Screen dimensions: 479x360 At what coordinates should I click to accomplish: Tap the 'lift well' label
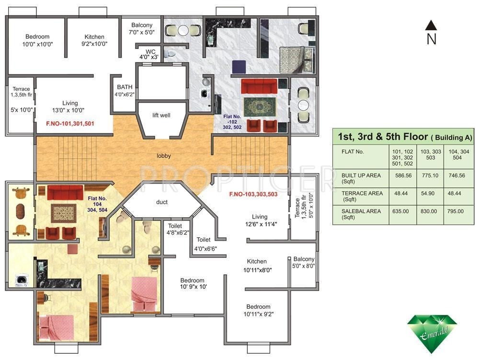[161, 115]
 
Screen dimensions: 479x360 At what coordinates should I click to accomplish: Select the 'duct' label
[161, 202]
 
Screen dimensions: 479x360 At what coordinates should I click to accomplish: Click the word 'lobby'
[163, 156]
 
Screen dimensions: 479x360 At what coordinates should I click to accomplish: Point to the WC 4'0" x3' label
[149, 54]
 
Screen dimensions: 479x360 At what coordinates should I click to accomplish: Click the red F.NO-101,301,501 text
[70, 124]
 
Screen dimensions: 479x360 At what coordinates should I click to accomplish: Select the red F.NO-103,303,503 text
[253, 194]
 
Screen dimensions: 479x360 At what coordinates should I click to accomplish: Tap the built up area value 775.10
[430, 176]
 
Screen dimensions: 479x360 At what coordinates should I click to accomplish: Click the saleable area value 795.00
[455, 211]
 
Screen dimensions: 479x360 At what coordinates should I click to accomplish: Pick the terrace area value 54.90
[428, 194]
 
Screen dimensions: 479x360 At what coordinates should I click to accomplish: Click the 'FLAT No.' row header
[353, 151]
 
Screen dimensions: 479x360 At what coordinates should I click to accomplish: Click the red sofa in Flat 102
[259, 86]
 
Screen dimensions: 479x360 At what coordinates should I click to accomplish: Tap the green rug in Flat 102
[260, 107]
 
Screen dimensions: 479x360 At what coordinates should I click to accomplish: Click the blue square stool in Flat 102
[239, 67]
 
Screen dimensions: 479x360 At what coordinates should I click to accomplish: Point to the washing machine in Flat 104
[22, 280]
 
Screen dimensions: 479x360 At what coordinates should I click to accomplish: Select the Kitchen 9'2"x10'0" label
[94, 40]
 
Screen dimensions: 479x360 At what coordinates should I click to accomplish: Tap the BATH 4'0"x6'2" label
[125, 91]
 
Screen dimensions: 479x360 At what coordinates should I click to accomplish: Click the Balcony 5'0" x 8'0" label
[304, 263]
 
